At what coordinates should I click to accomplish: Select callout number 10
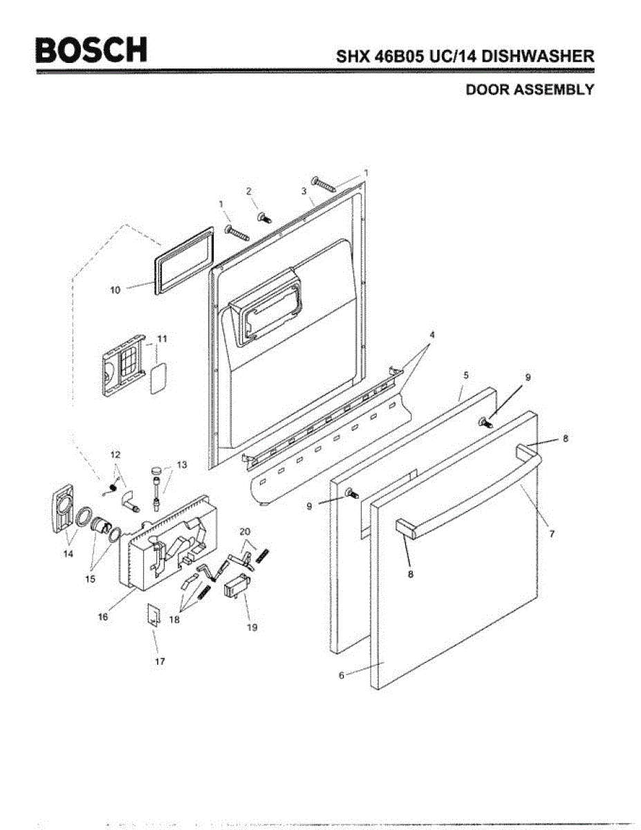[x=115, y=290]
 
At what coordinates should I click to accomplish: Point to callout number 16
[x=102, y=617]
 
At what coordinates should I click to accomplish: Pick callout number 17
[x=160, y=661]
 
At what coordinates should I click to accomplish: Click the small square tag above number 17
[x=154, y=614]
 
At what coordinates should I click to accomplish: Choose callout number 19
[x=252, y=627]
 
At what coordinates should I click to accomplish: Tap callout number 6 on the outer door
[x=341, y=676]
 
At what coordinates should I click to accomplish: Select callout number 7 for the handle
[x=552, y=534]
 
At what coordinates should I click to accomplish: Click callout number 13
[x=182, y=465]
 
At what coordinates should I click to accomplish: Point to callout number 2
[x=249, y=191]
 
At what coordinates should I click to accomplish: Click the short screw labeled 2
[x=263, y=218]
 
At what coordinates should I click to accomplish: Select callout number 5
[x=466, y=375]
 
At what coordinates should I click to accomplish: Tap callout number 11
[x=162, y=338]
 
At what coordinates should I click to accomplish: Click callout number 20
[x=244, y=531]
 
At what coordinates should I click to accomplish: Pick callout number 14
[x=68, y=553]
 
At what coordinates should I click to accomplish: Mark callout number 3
[x=304, y=190]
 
